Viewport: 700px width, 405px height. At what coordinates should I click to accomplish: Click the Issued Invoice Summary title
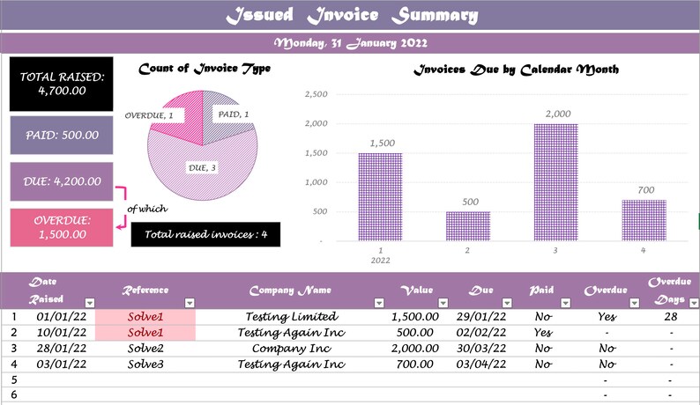point(351,16)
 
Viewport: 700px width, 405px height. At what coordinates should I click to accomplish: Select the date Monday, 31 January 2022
point(351,43)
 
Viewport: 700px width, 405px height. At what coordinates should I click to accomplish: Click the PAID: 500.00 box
point(62,136)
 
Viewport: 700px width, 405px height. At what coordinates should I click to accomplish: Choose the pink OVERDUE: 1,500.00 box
point(62,227)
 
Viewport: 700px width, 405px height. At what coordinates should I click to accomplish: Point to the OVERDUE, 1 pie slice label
point(149,115)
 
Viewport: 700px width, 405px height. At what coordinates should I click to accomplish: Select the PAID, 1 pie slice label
point(234,114)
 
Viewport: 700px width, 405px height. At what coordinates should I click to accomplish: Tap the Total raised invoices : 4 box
point(205,235)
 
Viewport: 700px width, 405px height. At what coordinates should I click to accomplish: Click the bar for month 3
point(556,181)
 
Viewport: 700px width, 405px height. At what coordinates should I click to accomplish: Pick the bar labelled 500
point(468,225)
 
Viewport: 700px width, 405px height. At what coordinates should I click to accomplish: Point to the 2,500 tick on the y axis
point(316,94)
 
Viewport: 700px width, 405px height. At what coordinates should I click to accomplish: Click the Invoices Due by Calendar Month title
point(516,70)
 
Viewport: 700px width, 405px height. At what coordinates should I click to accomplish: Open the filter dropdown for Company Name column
point(379,303)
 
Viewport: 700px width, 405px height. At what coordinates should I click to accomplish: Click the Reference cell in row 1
point(145,317)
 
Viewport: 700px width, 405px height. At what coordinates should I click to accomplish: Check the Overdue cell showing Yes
point(606,317)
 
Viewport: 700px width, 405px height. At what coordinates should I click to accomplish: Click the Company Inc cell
point(291,348)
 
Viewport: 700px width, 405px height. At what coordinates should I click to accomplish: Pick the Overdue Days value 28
point(670,317)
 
